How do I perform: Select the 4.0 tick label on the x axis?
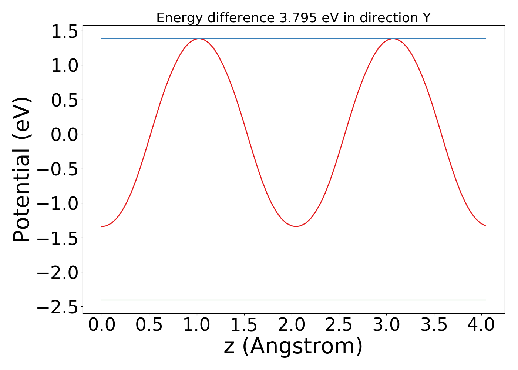click(481, 325)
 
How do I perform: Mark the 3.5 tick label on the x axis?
click(433, 325)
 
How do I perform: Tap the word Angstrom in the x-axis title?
click(302, 347)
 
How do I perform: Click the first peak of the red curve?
click(199, 38)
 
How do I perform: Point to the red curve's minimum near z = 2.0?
click(296, 226)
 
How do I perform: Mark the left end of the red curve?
click(102, 226)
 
